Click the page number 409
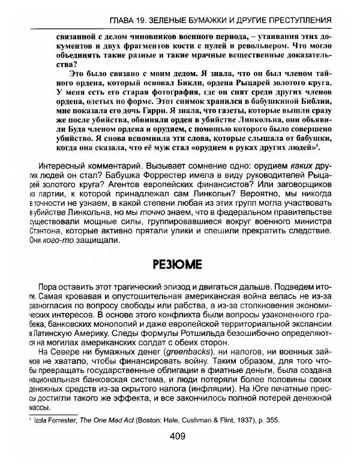179,453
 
